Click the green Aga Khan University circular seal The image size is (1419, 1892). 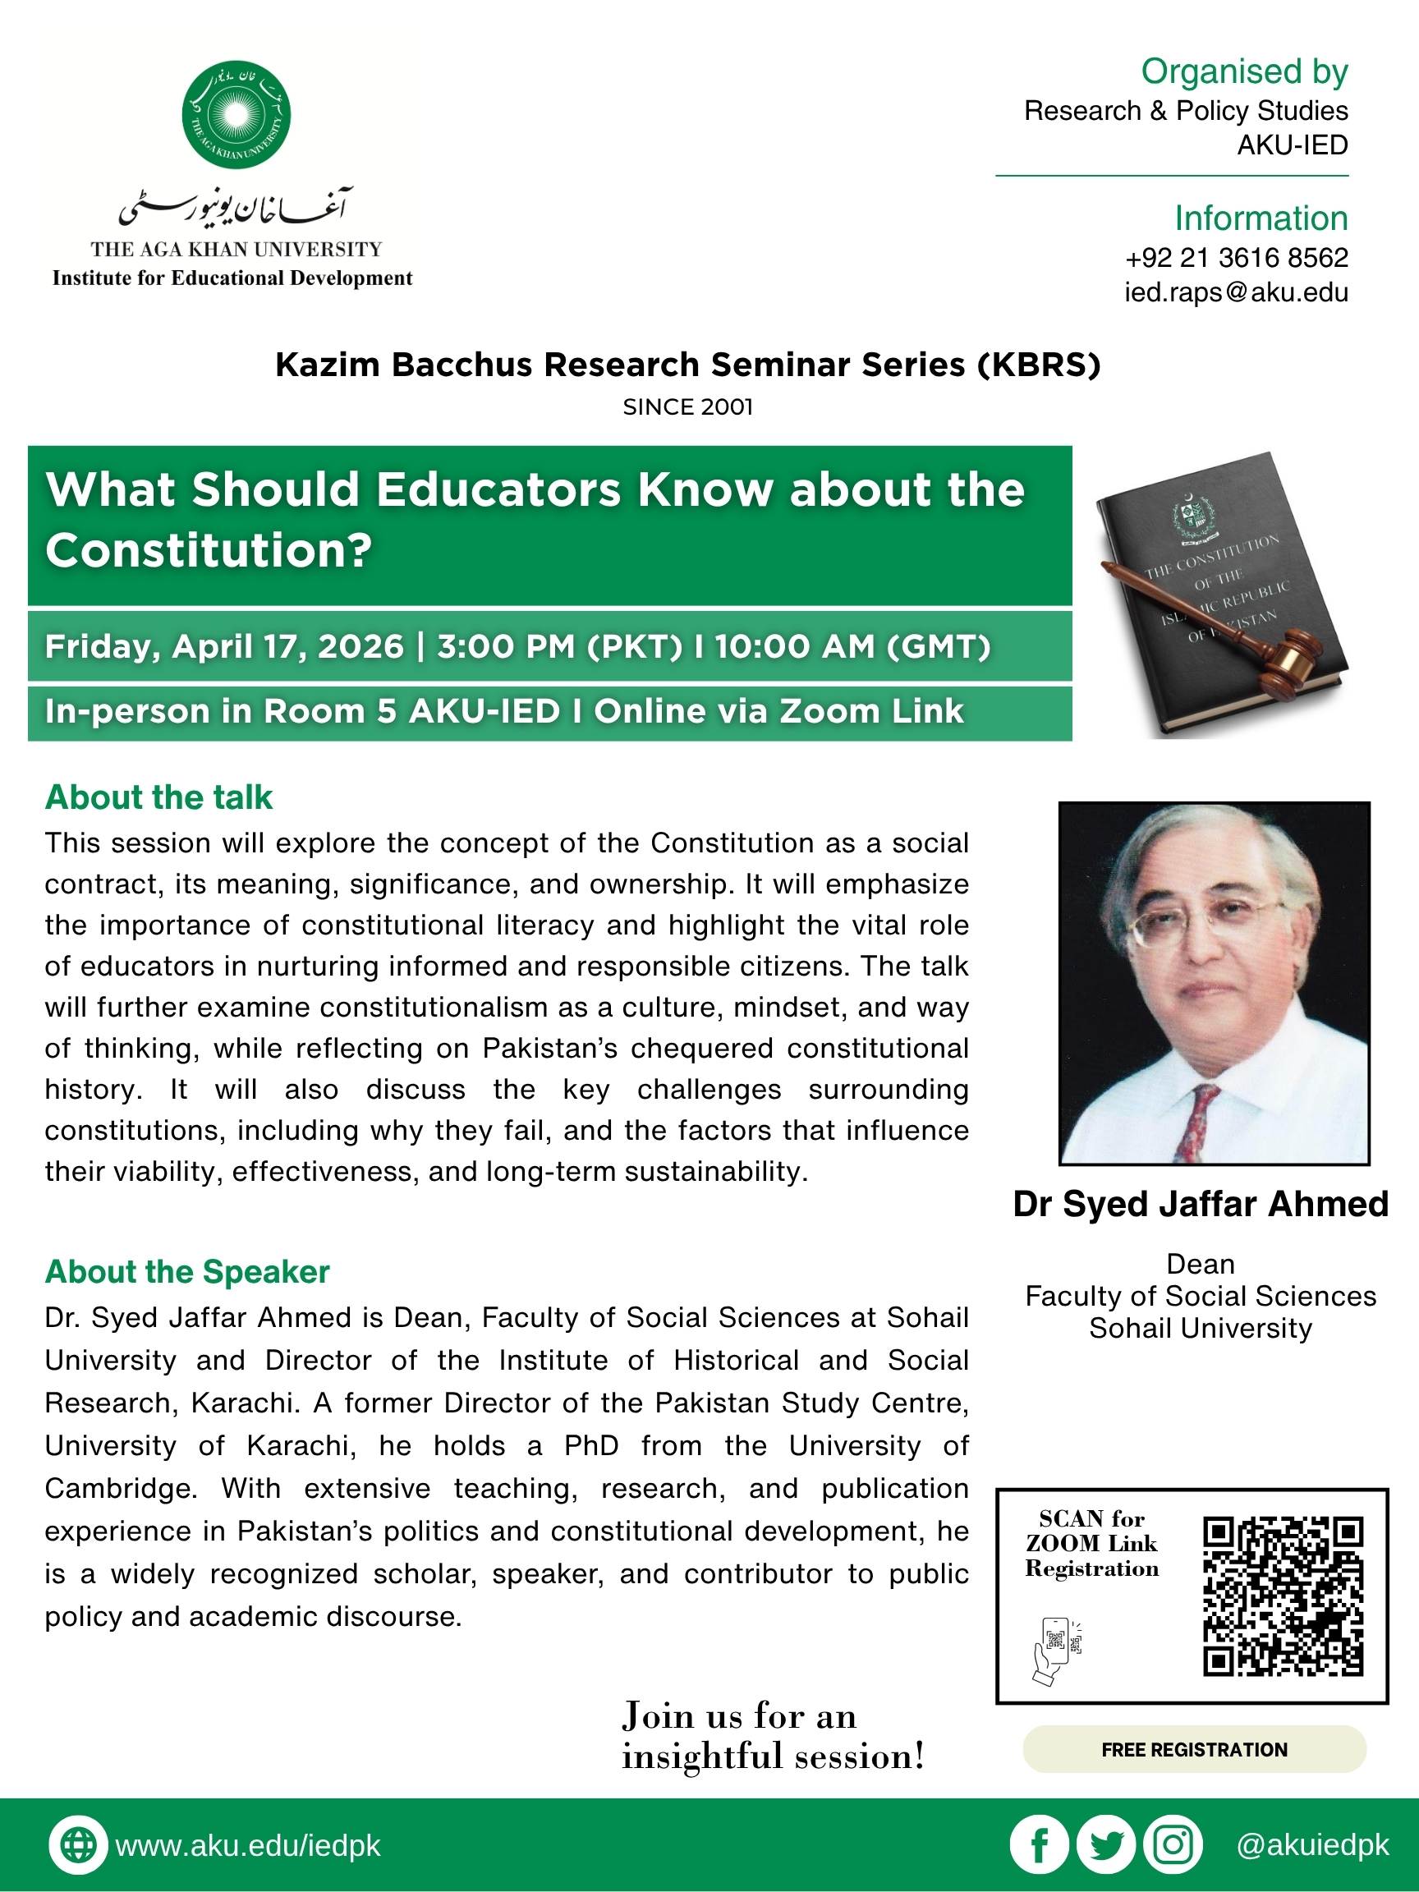[x=236, y=115]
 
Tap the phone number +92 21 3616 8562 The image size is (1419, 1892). [x=1236, y=258]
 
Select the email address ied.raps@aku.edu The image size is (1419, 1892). [x=1236, y=292]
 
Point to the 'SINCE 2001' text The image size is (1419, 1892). [x=687, y=407]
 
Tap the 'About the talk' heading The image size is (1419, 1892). [x=159, y=797]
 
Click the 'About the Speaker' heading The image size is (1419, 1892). [x=187, y=1272]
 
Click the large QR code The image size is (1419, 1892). [x=1282, y=1596]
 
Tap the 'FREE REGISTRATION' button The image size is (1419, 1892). [x=1194, y=1749]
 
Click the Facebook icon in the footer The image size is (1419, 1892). [x=1040, y=1845]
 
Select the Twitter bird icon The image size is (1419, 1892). [x=1106, y=1845]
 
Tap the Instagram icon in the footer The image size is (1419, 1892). [x=1173, y=1845]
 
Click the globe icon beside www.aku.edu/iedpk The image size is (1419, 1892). [x=79, y=1845]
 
